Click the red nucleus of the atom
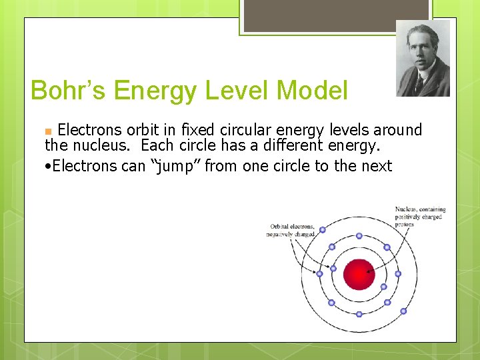359,274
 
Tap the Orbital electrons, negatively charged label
291,230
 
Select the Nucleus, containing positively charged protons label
420,217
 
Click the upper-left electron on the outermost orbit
323,230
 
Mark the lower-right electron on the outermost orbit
403,311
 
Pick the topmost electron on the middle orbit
359,235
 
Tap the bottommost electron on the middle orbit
359,312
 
